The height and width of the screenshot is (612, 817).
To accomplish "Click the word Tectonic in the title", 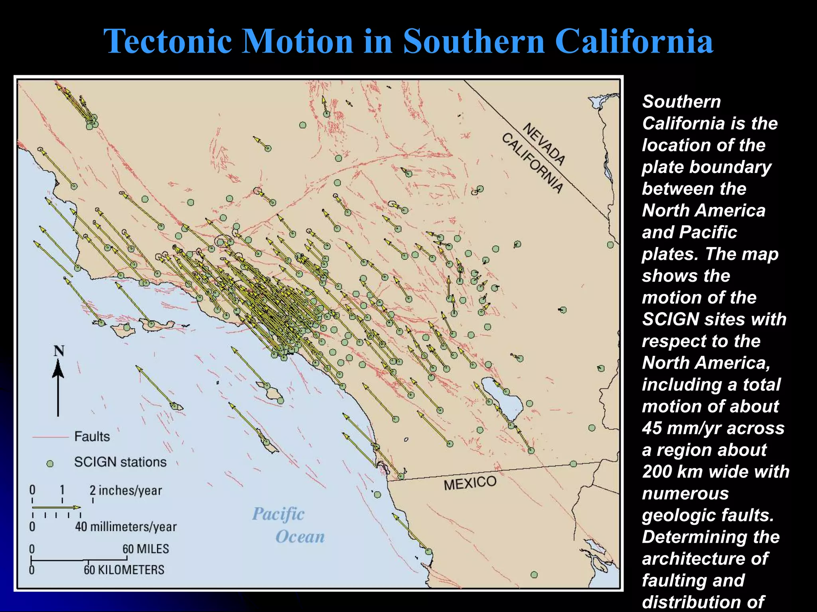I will (x=168, y=41).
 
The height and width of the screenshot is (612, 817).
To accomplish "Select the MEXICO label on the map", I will (x=470, y=483).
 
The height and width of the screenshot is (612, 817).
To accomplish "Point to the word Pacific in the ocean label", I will (x=278, y=514).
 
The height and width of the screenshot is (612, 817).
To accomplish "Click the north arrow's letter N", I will (x=59, y=351).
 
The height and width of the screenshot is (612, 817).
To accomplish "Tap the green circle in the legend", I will (x=50, y=464).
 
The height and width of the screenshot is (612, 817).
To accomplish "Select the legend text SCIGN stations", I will (x=120, y=462).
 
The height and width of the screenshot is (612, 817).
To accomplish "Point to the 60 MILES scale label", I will (x=146, y=549).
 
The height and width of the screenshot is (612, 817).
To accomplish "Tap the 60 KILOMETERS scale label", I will (x=124, y=570).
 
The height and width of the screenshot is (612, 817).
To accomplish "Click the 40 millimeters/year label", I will (x=126, y=527).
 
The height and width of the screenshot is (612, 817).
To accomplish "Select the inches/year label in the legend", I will (x=130, y=490).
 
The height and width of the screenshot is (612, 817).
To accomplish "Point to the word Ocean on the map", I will (x=300, y=537).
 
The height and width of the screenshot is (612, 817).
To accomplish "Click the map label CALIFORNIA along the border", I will (x=533, y=163).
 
